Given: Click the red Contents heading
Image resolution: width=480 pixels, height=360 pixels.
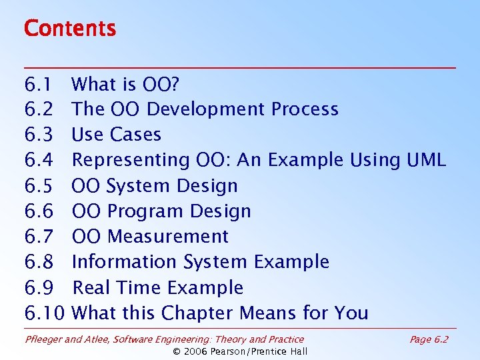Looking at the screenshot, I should click(69, 29).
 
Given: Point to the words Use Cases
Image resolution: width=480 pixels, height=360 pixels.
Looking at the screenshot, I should click(116, 135).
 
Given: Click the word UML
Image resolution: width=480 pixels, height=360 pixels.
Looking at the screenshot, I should click(425, 160).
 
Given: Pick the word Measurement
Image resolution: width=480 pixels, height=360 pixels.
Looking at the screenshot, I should click(167, 237).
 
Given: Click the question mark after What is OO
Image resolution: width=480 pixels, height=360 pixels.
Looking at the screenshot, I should click(175, 84).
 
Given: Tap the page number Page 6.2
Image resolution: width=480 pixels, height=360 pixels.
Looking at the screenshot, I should click(429, 339).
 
